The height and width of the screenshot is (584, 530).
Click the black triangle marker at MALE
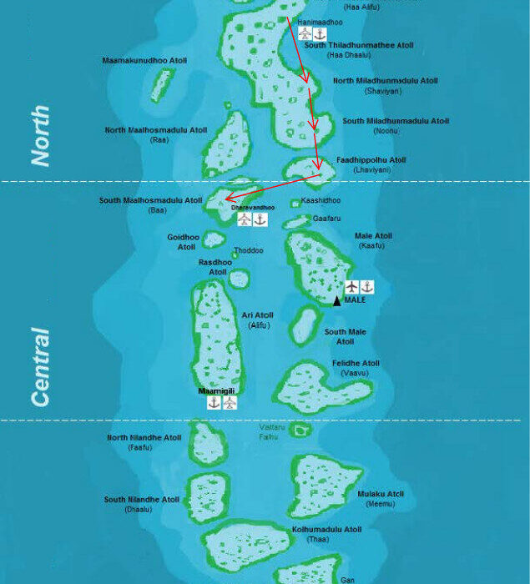pos(337,301)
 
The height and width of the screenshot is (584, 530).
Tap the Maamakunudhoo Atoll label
pos(144,61)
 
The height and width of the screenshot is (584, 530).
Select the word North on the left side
pos(40,136)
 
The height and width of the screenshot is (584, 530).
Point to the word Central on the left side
pos(40,367)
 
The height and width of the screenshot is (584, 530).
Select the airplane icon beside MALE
pos(351,287)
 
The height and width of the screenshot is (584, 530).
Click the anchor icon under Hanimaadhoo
pos(320,33)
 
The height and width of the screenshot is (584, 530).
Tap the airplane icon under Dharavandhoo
pos(244,219)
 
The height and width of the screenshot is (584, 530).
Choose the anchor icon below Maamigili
pos(215,403)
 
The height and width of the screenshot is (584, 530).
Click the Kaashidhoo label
pos(321,200)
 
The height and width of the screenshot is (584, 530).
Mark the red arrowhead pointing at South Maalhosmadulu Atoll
pos(226,199)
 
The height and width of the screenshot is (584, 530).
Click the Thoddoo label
pos(249,250)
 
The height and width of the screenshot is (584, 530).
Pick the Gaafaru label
pos(326,217)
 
